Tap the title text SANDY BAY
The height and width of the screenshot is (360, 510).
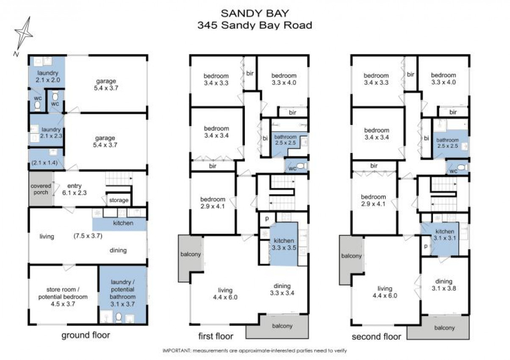[x=255, y=14]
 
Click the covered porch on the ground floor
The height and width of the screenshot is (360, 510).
[x=41, y=189]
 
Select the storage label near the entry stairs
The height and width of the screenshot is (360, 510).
[x=119, y=200]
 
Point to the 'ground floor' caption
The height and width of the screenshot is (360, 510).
[x=86, y=335]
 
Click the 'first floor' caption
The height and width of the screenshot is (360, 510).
[x=216, y=336]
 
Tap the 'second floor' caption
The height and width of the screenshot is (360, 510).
[x=376, y=337]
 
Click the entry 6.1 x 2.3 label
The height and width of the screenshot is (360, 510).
[x=75, y=189]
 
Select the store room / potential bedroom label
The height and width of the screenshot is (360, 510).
[x=63, y=297]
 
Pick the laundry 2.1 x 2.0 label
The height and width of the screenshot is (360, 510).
[x=48, y=77]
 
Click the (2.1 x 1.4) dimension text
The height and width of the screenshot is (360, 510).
[x=44, y=163]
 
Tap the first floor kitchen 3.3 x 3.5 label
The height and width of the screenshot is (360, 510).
[x=284, y=244]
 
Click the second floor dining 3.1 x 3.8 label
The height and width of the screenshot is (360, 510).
[x=444, y=285]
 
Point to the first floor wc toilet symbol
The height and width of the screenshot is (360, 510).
[x=302, y=166]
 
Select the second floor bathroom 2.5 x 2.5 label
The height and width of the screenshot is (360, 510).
[x=448, y=143]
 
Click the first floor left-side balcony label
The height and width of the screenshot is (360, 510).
[x=191, y=254]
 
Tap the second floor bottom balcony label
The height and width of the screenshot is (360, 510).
[x=444, y=328]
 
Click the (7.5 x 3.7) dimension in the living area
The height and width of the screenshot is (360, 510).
[x=88, y=235]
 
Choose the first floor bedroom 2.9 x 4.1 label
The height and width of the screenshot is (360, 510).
[x=213, y=202]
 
